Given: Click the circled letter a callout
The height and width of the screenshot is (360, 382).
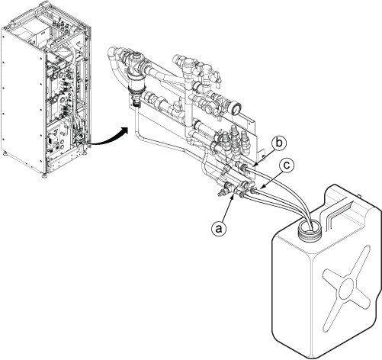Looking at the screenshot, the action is [x=219, y=228].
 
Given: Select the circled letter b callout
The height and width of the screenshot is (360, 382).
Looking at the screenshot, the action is [x=279, y=143].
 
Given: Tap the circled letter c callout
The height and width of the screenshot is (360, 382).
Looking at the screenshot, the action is [x=287, y=166].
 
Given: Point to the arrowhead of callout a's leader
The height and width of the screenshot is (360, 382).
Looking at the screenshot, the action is [x=234, y=194].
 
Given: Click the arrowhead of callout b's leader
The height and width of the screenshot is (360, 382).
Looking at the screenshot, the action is [x=256, y=165].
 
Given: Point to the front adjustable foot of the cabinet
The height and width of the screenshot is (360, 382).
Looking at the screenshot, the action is [x=44, y=175].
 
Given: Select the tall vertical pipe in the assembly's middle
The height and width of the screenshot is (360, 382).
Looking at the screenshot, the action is [x=188, y=107].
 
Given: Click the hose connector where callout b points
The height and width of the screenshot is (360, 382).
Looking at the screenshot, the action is [x=242, y=166].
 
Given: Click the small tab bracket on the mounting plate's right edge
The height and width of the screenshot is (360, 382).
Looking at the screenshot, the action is [x=260, y=153].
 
